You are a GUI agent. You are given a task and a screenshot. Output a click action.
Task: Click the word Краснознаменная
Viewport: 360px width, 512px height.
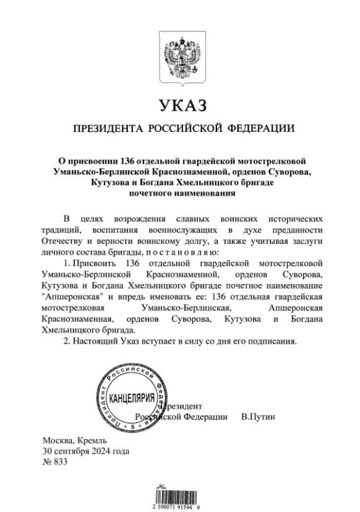(79, 318)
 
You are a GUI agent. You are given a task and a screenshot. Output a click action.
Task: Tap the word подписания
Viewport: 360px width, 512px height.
(274, 340)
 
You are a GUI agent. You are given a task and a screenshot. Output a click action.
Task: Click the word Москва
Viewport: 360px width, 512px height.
(57, 441)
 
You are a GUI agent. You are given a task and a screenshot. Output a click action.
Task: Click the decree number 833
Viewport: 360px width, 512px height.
(61, 461)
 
